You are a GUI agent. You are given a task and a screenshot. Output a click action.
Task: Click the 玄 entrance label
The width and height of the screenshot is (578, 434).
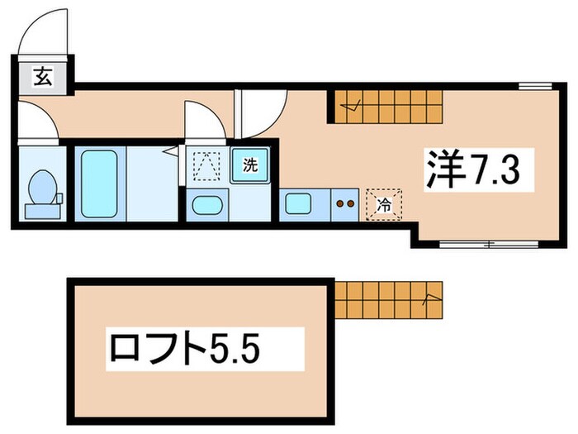coord(40,79)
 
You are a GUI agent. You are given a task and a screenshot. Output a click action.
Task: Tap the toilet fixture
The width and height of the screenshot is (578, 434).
coord(41,192)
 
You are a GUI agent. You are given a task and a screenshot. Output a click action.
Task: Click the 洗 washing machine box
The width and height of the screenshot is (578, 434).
coord(249,164)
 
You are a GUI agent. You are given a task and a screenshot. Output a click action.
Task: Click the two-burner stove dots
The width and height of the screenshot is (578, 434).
coord(344,202)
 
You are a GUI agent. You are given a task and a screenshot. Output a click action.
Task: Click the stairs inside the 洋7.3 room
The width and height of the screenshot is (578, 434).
coord(390,106)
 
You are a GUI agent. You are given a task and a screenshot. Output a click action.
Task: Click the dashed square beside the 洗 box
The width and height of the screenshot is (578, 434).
coord(203,164)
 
